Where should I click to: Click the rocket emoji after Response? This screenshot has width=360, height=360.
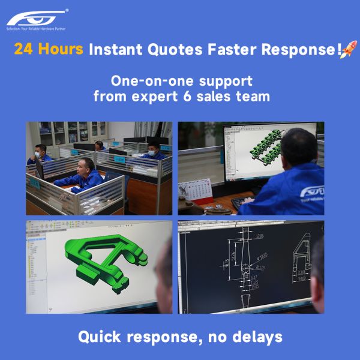(347, 50)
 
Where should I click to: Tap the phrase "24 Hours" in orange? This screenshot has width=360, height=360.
(49, 50)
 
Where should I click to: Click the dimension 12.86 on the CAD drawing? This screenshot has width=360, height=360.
(258, 236)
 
